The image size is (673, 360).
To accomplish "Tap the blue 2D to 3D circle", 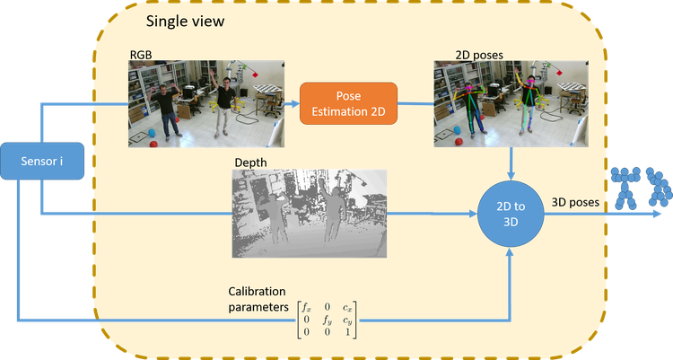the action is pos(511,213).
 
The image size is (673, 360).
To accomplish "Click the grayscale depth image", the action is pos(309,214).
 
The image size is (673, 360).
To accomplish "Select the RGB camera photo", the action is pos(206,103).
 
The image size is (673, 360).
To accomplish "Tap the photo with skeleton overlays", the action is pos(511,103).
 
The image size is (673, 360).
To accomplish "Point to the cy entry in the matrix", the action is pos(346,319).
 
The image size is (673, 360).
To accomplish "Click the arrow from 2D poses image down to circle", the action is pos(511,162).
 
